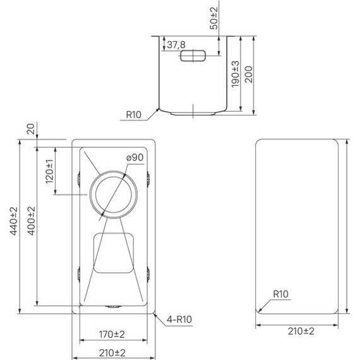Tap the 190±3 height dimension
pyautogui.click(x=235, y=74)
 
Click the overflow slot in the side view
pyautogui.click(x=193, y=57)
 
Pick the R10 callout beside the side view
pyautogui.click(x=133, y=115)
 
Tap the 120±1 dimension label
pyautogui.click(x=50, y=171)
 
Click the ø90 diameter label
pyautogui.click(x=135, y=157)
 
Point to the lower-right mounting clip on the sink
pyautogui.click(x=149, y=273)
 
